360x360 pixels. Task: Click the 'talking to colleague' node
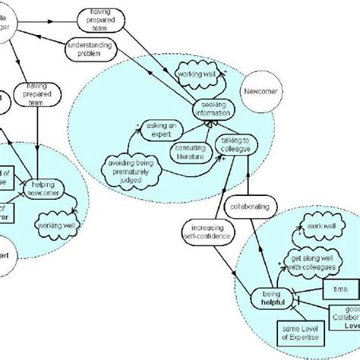[235, 144]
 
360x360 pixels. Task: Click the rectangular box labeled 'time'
[334, 290]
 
